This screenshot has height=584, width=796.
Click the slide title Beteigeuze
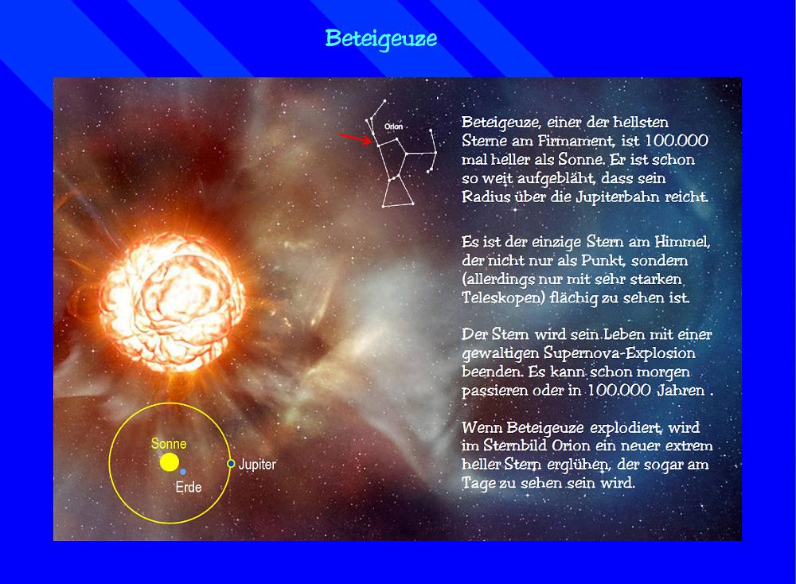[380, 38]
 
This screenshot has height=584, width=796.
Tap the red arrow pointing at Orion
[356, 138]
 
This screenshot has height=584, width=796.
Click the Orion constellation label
[393, 127]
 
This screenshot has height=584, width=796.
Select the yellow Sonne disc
[169, 462]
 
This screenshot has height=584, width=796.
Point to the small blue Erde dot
[183, 471]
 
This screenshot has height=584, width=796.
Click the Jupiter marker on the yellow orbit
[231, 463]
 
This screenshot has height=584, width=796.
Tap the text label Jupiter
[257, 465]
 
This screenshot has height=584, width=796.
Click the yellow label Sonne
[169, 444]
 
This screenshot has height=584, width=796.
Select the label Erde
[189, 487]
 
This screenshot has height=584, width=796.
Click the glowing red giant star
[172, 302]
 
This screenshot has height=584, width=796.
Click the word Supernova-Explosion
[619, 353]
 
